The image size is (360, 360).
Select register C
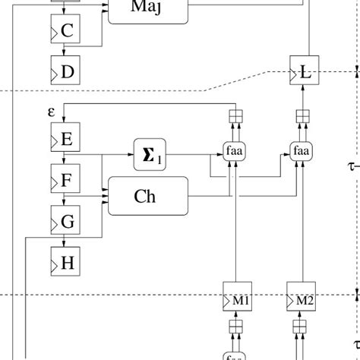(x=65, y=30)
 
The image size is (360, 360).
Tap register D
(x=65, y=71)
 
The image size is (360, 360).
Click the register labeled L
(x=303, y=72)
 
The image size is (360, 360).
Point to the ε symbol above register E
(x=51, y=111)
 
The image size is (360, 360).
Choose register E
(x=65, y=139)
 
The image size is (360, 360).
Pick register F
(x=65, y=181)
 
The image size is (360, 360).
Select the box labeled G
(x=65, y=222)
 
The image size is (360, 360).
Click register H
(x=65, y=263)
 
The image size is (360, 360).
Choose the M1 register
(x=236, y=300)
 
